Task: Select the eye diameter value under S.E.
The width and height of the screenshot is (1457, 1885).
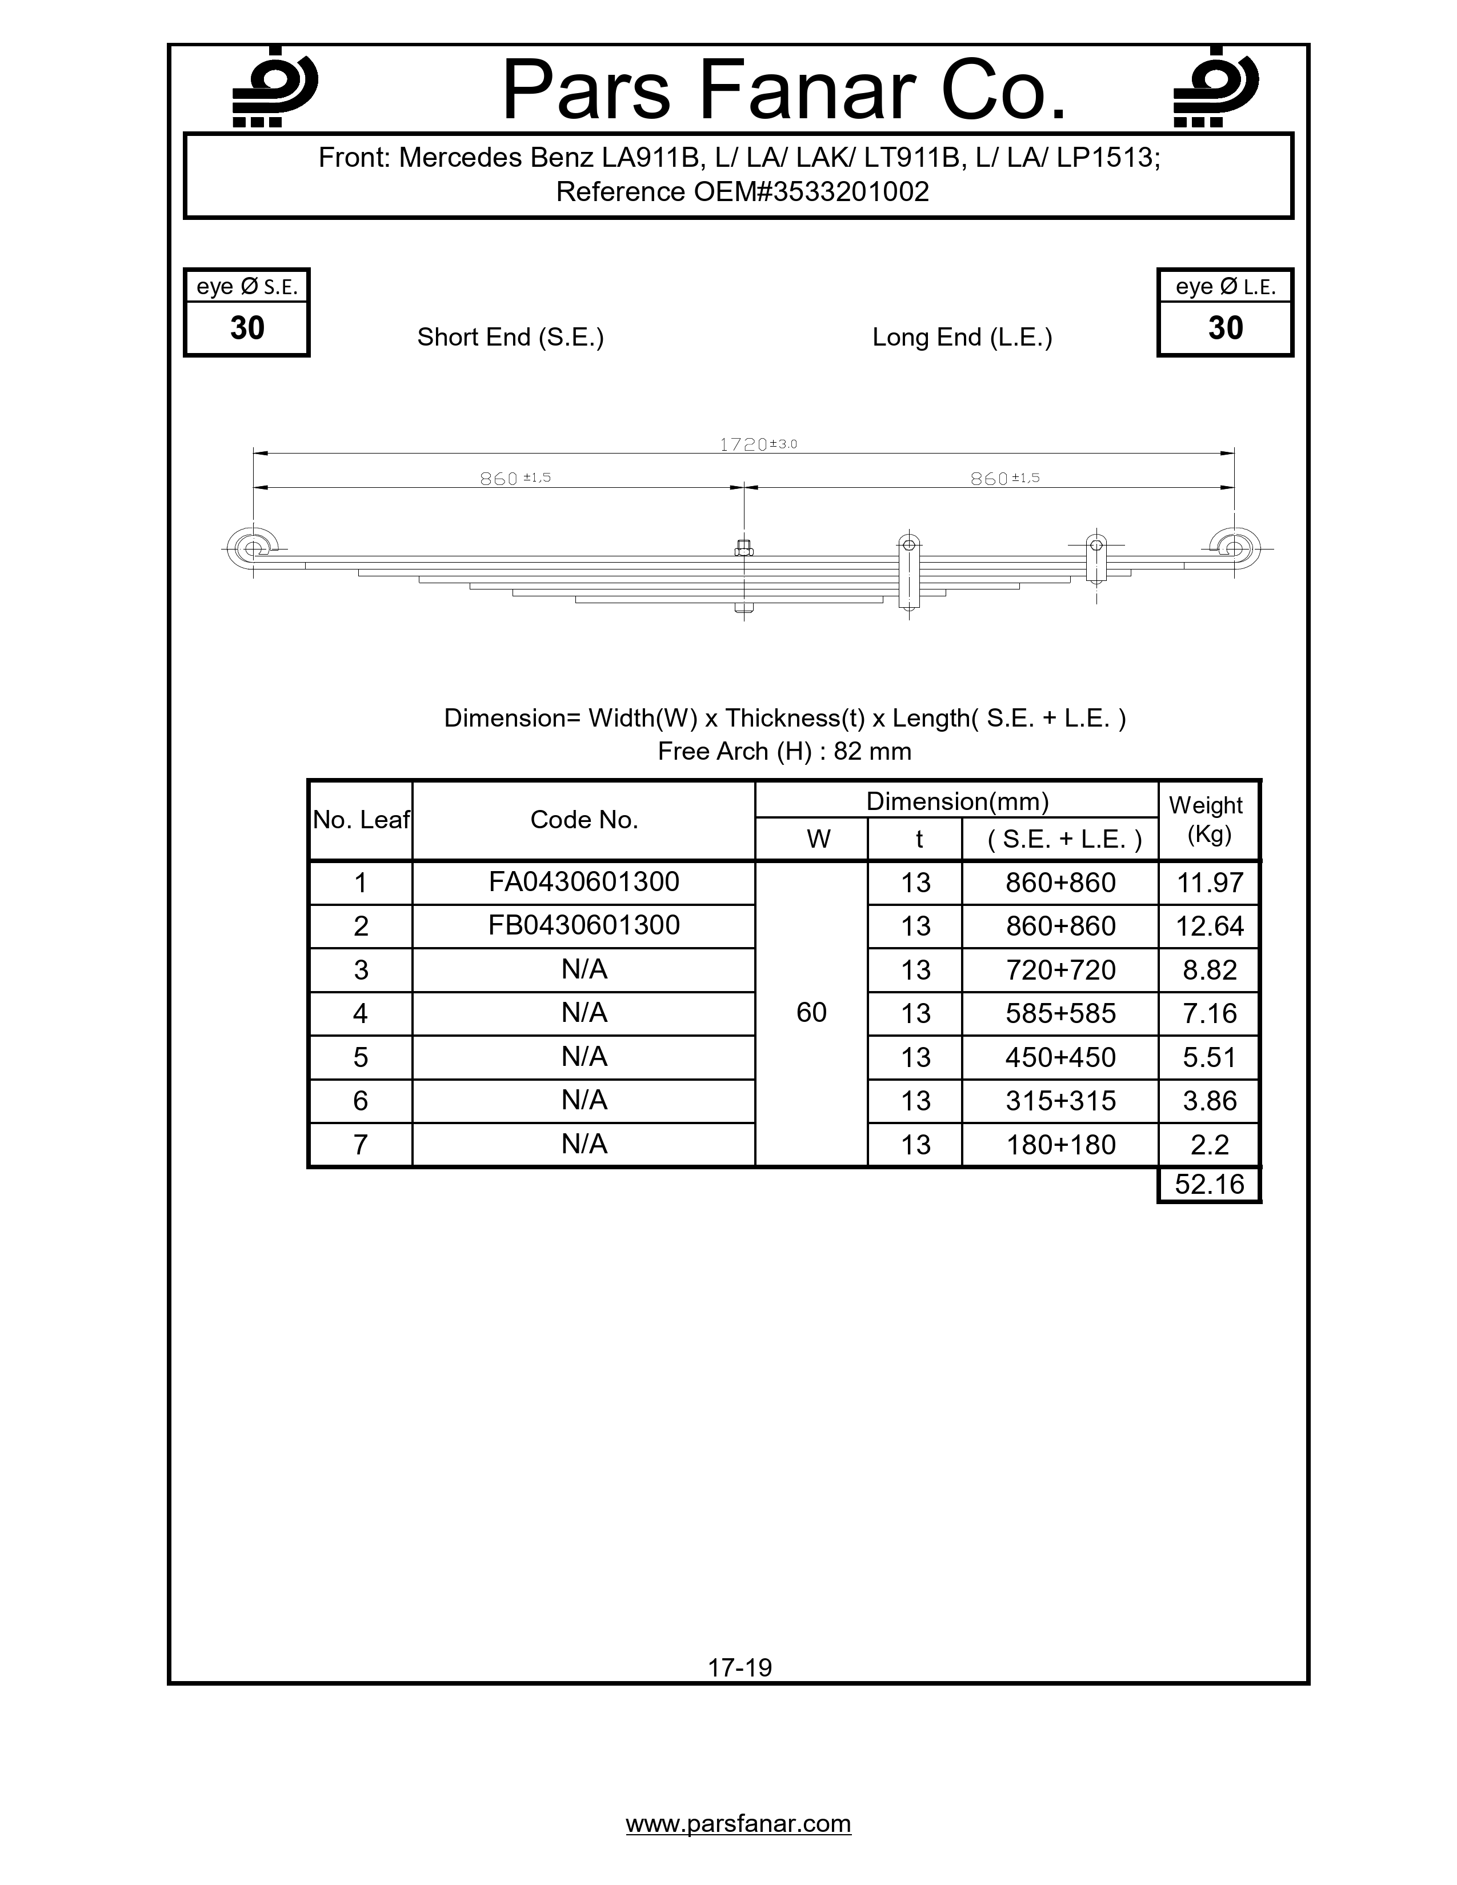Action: click(247, 328)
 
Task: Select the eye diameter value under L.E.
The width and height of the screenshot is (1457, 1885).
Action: click(1225, 328)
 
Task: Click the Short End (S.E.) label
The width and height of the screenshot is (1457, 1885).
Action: click(510, 338)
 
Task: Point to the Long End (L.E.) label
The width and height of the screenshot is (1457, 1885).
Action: click(962, 338)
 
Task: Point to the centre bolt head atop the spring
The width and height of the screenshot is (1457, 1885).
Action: click(743, 548)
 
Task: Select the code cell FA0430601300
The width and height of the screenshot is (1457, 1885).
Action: click(583, 882)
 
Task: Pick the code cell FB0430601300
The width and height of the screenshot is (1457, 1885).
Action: click(583, 926)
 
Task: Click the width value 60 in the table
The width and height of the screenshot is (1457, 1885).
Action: click(811, 1012)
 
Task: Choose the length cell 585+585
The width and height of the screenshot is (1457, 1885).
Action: click(1060, 1013)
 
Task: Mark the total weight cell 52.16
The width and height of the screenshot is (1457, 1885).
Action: click(1209, 1184)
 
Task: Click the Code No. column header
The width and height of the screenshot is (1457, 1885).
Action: click(583, 820)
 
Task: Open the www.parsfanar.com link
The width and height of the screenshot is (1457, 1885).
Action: click(738, 1824)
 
